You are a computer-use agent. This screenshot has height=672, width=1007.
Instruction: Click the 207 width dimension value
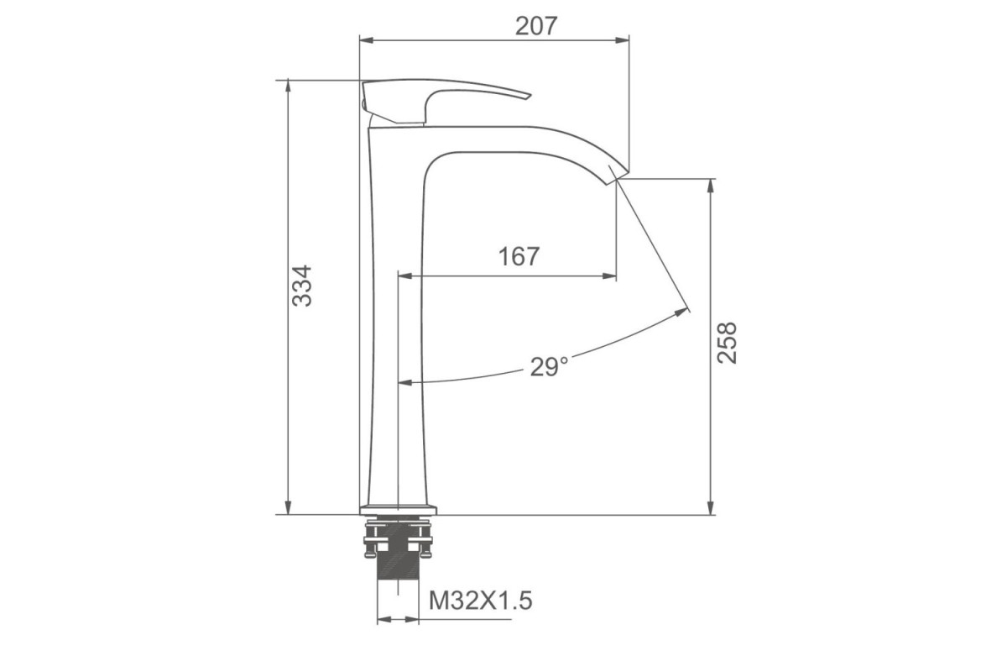536,26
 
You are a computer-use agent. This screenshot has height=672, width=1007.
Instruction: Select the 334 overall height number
301,286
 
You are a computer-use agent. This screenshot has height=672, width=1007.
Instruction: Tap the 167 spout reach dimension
519,256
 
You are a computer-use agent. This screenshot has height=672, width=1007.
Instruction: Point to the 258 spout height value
727,343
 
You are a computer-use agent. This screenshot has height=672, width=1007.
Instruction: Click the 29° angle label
549,366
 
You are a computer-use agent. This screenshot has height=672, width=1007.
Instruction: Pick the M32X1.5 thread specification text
481,601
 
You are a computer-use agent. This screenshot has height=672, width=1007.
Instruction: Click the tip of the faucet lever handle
530,96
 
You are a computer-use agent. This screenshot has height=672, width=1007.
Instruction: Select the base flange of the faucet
399,510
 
